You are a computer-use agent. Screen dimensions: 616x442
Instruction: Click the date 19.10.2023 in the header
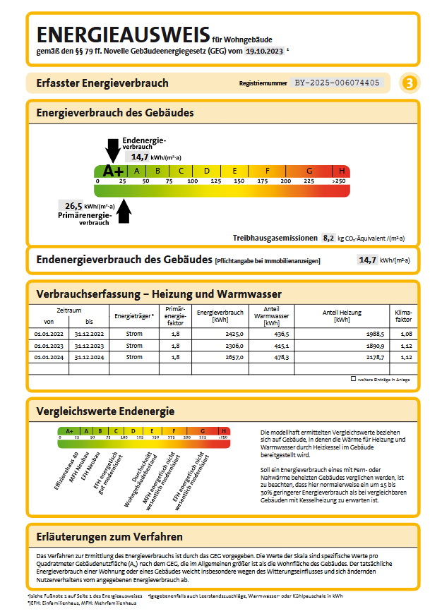click(265, 52)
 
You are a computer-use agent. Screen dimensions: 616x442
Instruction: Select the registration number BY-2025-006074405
click(337, 83)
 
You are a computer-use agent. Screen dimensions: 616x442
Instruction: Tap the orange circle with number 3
click(409, 83)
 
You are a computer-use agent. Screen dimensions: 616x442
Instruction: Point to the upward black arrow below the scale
click(124, 211)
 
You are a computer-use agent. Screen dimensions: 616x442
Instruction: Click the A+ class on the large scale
click(112, 171)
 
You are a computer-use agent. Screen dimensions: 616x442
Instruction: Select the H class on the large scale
click(342, 171)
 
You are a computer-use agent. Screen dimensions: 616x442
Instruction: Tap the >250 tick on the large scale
click(339, 181)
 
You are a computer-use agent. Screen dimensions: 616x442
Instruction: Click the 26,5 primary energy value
click(73, 206)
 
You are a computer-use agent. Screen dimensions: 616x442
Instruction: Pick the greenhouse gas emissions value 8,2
click(328, 238)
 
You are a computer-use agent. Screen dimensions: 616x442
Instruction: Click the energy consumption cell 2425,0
click(234, 333)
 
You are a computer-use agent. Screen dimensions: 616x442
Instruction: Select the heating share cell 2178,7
click(372, 357)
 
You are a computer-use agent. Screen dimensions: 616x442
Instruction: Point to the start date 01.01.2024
click(49, 357)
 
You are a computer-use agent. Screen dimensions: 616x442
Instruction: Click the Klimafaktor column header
click(403, 315)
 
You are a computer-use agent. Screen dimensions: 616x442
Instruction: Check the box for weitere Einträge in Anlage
click(353, 379)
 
